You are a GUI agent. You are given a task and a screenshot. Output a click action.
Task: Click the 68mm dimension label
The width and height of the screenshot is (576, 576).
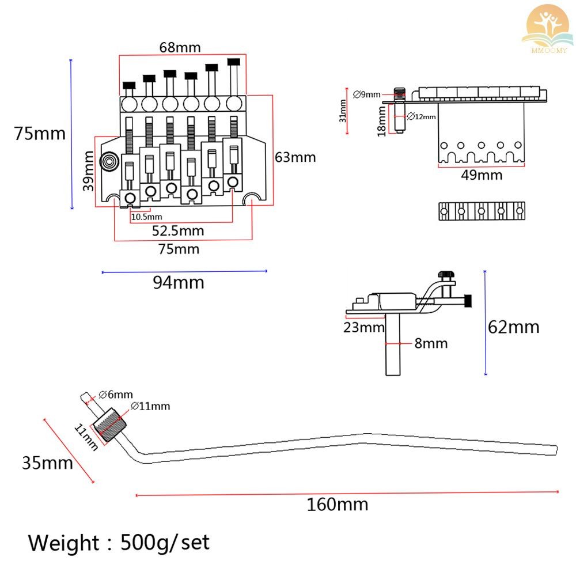(x=180, y=47)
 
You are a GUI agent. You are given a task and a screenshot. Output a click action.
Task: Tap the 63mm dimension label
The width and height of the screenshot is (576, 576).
(x=295, y=157)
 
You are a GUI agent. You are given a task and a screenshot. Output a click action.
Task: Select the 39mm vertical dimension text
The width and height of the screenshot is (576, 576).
(x=89, y=171)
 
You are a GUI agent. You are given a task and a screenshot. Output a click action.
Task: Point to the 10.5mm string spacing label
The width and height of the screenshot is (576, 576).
(x=146, y=217)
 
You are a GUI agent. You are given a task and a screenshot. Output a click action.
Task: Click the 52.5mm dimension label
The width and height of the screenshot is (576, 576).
(x=178, y=231)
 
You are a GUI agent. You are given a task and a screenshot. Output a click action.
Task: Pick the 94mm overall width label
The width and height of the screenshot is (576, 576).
(x=179, y=282)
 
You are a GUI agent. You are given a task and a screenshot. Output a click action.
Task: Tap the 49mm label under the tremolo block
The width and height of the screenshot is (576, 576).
(x=482, y=175)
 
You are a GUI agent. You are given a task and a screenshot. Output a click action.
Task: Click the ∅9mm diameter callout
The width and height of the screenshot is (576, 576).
(x=366, y=94)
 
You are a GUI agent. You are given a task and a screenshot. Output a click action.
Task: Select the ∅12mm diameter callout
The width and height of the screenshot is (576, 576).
(x=422, y=116)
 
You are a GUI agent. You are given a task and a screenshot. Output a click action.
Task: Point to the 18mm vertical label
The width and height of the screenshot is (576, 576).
(x=382, y=121)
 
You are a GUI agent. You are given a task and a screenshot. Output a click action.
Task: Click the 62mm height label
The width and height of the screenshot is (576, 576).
(x=514, y=327)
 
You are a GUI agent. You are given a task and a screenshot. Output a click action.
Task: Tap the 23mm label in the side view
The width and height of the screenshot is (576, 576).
(x=363, y=327)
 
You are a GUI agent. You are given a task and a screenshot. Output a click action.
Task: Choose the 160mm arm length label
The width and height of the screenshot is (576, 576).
(x=337, y=505)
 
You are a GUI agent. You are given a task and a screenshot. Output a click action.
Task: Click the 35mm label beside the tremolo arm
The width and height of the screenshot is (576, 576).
(x=47, y=463)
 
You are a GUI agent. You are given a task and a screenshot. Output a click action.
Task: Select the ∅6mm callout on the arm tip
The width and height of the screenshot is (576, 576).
(x=116, y=395)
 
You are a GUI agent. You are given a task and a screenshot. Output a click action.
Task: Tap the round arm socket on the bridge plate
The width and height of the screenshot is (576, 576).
(x=109, y=162)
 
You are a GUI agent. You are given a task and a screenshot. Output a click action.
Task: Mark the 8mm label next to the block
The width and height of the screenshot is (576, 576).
(x=431, y=343)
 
